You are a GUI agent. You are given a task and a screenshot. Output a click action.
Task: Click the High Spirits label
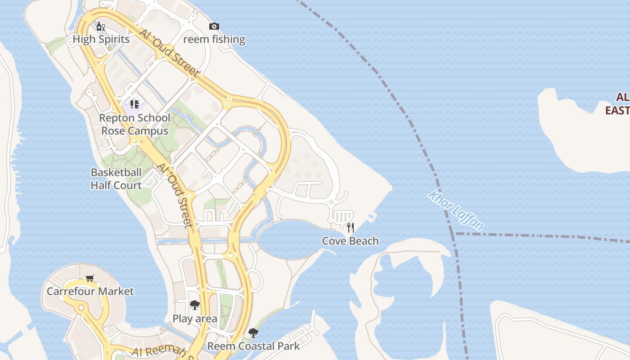tap(101, 39)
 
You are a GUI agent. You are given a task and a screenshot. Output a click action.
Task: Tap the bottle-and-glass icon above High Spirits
tap(100, 26)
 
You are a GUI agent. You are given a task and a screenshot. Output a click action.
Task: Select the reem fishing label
tap(214, 39)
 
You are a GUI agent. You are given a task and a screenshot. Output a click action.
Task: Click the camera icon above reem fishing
tap(214, 26)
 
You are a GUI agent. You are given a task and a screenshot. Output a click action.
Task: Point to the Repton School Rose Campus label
tap(135, 124)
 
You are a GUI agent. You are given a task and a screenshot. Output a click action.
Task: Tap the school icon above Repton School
tap(134, 105)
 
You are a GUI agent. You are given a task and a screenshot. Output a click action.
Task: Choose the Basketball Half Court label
tap(116, 179)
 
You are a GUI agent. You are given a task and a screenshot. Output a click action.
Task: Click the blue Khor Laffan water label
tap(456, 210)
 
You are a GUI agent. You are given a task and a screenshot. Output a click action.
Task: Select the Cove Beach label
tap(350, 241)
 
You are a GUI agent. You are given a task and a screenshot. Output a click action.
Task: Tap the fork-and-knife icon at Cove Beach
tap(350, 227)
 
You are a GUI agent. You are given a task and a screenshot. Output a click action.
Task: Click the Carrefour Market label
tap(90, 291)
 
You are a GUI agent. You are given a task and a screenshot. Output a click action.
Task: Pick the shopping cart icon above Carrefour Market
tap(90, 278)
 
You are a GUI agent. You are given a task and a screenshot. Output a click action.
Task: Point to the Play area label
tap(195, 319)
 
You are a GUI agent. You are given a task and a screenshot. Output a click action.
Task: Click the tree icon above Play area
tap(194, 305)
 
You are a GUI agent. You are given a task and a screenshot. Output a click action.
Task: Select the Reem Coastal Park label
tap(253, 346)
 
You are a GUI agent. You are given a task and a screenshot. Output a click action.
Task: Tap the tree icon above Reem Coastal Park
tap(253, 333)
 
